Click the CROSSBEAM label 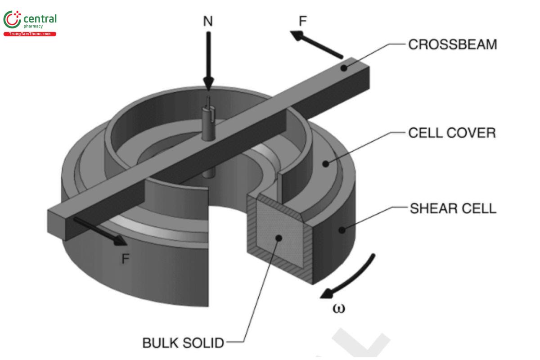coord(452,45)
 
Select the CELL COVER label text coord(452,133)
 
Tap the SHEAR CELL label coord(453,209)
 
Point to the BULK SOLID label coord(183,343)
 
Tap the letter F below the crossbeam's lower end coord(126,258)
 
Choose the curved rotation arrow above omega coord(351,277)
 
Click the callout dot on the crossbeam coord(344,68)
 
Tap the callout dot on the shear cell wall coord(342,230)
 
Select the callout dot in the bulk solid coord(279,238)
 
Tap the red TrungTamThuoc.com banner coord(30,34)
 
